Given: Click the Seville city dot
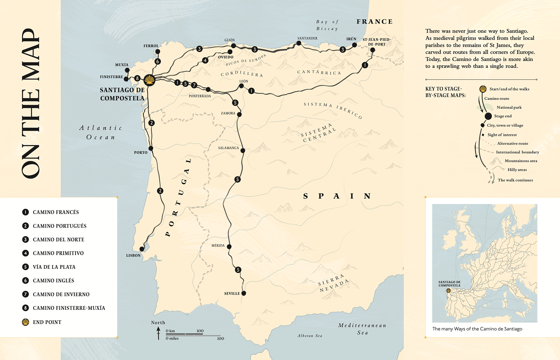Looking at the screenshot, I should tap(244, 293).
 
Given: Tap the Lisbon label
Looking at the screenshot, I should tap(133, 255).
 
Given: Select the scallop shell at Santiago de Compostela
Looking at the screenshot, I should tap(150, 80).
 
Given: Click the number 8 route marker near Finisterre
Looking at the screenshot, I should tap(137, 78).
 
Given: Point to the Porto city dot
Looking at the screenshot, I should tap(151, 148).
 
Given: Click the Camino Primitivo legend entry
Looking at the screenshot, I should tap(58, 253).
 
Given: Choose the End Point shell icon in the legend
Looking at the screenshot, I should tap(26, 322).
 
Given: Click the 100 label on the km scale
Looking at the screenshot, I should tap(200, 331).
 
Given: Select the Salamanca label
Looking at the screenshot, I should tap(228, 148).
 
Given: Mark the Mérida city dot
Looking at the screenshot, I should tap(229, 246).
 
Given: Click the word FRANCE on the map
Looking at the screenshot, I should tap(375, 21).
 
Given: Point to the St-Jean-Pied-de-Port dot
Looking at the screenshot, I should tap(372, 50).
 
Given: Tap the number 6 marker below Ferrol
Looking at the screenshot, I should tap(158, 61).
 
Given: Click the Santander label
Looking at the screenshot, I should tap(307, 38).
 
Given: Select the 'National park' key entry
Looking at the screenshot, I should tap(509, 107).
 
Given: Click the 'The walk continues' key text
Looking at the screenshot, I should tap(515, 180).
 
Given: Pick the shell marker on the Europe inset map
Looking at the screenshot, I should tap(448, 290).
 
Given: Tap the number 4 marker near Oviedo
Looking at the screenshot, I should tap(205, 60).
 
